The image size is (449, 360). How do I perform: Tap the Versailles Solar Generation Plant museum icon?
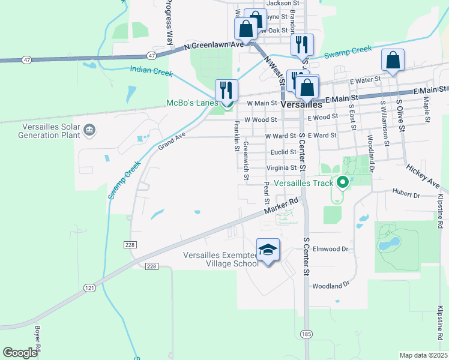[89, 130]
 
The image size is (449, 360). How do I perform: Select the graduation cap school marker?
[268, 249]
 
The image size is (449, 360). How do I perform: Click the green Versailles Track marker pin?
[343, 181]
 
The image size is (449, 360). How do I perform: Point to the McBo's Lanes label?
[191, 103]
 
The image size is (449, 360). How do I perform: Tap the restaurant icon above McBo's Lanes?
[227, 90]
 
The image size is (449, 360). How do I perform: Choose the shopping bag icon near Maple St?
[393, 60]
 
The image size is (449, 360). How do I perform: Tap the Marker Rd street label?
[281, 208]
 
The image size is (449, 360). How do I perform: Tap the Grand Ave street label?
[172, 142]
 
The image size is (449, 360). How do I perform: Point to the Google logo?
[20, 353]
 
